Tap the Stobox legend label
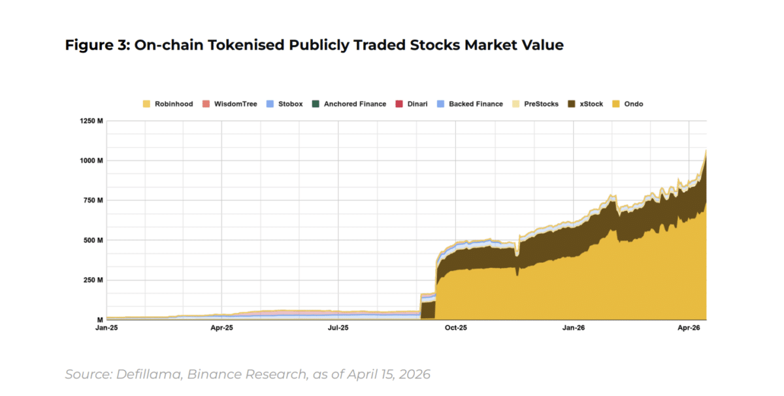(x=290, y=104)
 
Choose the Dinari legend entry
(x=417, y=104)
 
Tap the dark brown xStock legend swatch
(x=572, y=104)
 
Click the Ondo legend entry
(x=633, y=104)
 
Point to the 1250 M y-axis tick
(x=91, y=121)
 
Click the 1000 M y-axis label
(x=91, y=161)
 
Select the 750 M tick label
(x=93, y=201)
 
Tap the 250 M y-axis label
(x=93, y=280)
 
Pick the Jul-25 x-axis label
(x=338, y=327)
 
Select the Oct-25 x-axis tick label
(x=455, y=327)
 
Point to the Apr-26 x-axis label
(x=689, y=327)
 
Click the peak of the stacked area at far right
(x=706, y=150)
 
